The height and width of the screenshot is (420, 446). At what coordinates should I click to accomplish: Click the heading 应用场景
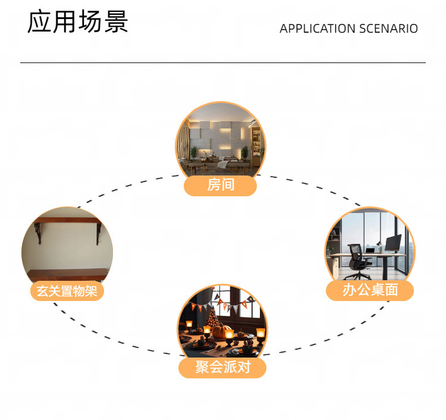click(78, 23)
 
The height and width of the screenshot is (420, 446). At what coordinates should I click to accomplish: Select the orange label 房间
click(221, 185)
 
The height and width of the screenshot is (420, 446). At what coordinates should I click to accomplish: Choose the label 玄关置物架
click(67, 292)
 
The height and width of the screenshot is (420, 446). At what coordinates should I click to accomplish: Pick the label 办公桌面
click(370, 290)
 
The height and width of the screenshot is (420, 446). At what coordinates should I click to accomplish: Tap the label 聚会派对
click(222, 368)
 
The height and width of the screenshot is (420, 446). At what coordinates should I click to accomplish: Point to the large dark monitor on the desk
click(393, 243)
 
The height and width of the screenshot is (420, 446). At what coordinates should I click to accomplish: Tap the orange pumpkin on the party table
click(222, 331)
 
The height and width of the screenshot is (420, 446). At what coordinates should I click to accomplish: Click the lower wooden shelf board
click(67, 275)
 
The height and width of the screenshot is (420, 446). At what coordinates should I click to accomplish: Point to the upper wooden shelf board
click(67, 221)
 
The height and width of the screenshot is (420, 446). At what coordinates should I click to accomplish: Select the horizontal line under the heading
click(223, 62)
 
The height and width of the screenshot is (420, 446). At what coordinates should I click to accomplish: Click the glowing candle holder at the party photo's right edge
click(260, 334)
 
